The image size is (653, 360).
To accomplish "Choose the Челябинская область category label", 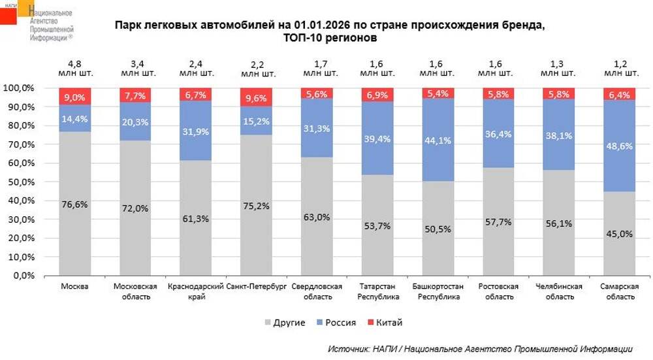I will [x=558, y=291].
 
